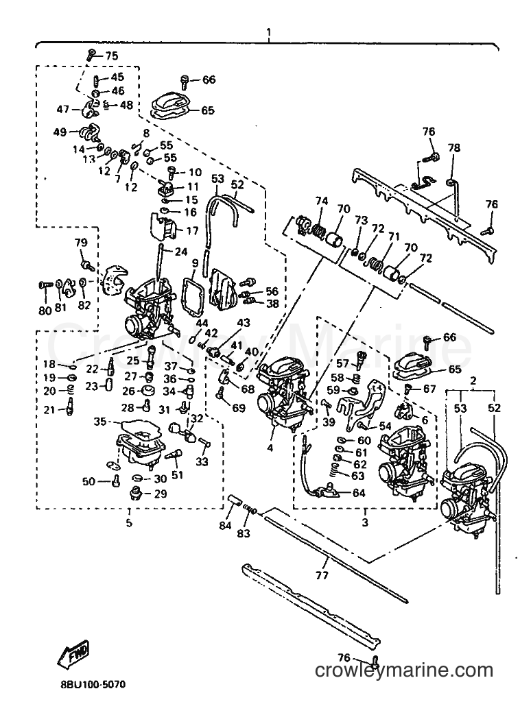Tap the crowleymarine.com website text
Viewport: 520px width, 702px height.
coord(404,670)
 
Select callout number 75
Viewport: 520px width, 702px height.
coord(112,56)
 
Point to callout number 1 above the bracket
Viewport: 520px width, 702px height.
coord(268,32)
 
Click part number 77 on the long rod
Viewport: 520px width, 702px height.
coord(322,575)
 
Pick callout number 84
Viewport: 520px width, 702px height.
coord(225,525)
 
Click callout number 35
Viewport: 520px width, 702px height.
coord(100,422)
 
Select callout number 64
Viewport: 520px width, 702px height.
coord(359,493)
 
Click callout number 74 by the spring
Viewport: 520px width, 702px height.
coord(321,201)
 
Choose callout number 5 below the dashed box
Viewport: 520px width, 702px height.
coord(129,522)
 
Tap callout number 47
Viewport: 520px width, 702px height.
coord(64,109)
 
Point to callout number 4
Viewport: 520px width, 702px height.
coord(270,447)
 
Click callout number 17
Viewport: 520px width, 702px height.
coord(192,232)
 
